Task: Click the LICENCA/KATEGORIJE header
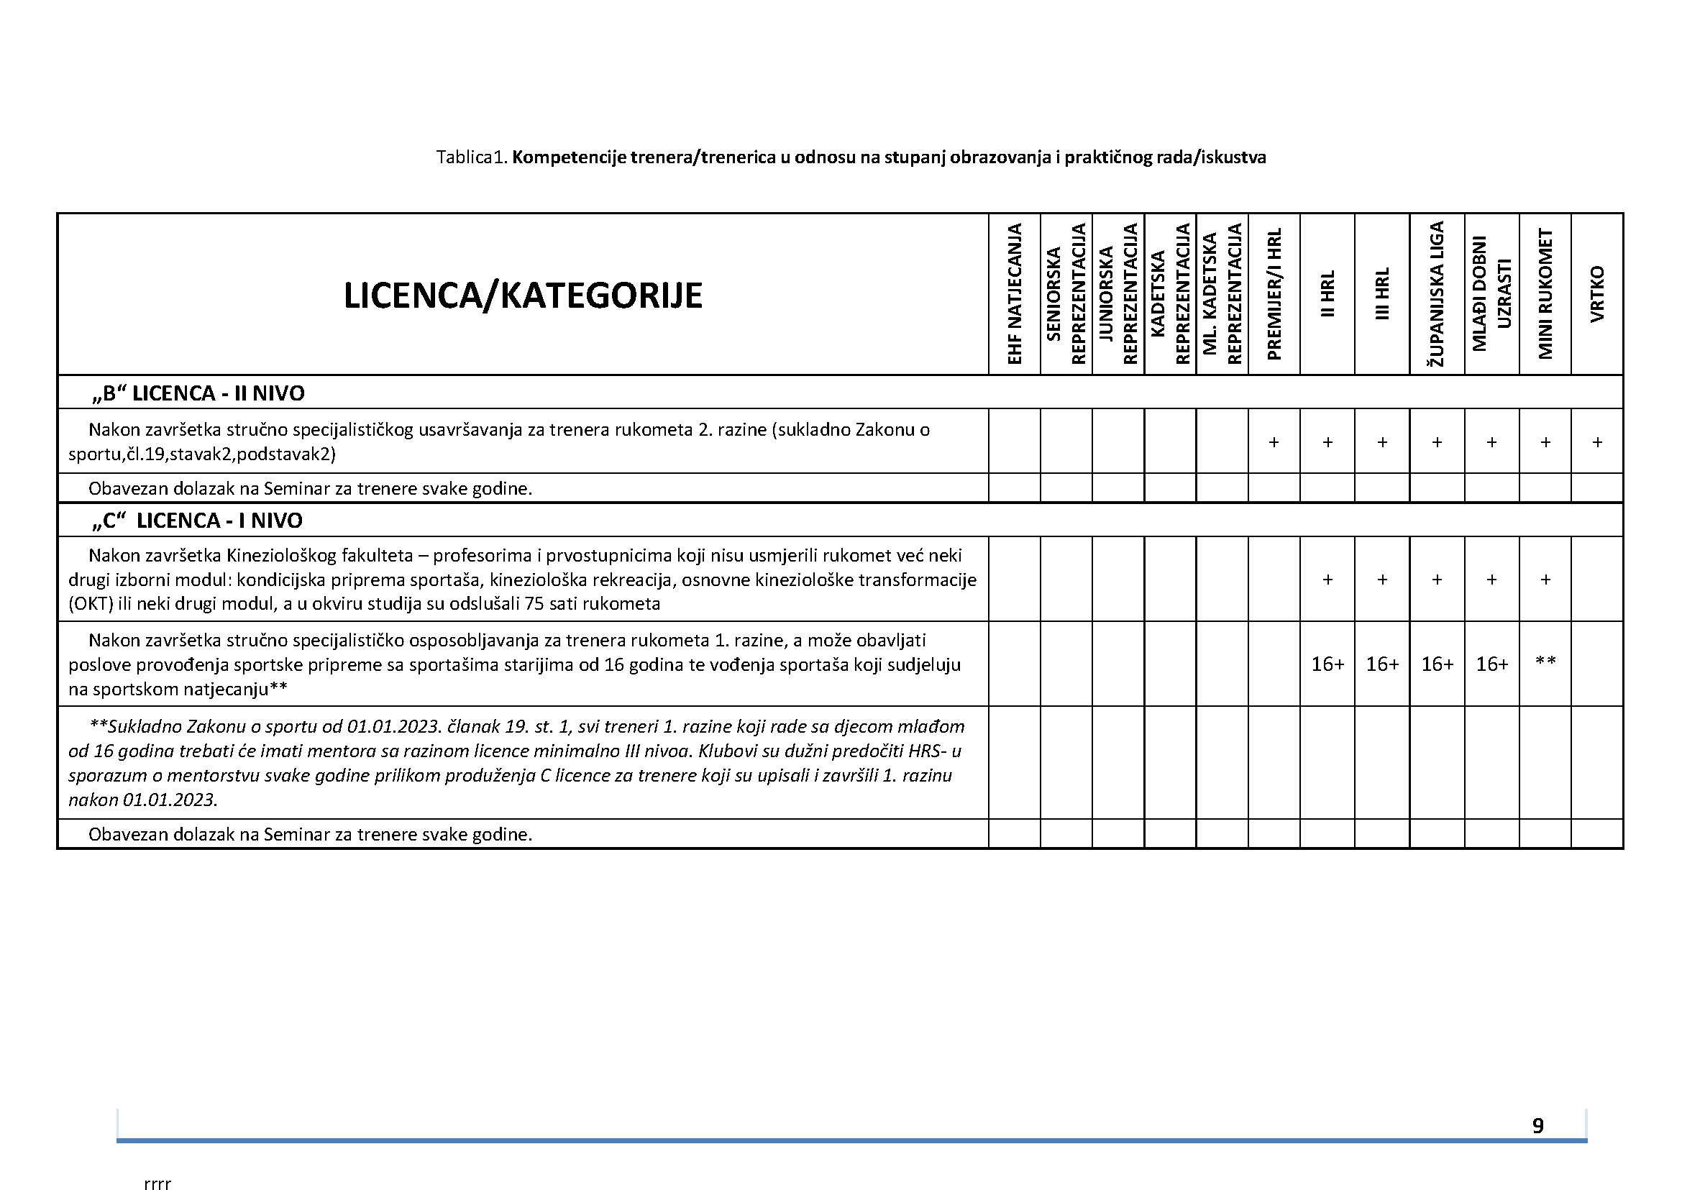[523, 296]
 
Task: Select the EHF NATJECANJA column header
[1015, 295]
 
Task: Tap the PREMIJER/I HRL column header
[1274, 295]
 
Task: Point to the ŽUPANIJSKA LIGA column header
[1438, 295]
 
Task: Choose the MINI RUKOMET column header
[1545, 295]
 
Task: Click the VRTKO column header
[1597, 295]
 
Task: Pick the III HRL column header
[1382, 295]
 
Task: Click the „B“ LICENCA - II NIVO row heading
[198, 393]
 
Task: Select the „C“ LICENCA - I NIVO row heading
[197, 521]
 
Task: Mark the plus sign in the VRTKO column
[1597, 442]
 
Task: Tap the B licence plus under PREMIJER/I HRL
[1274, 442]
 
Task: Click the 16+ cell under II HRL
[1327, 664]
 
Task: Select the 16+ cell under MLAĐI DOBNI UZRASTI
[1491, 664]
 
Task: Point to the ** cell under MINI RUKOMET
[1545, 662]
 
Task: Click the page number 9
[1537, 1125]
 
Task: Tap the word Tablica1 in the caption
[470, 157]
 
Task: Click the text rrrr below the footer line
[157, 1182]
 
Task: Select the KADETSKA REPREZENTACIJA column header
[1171, 295]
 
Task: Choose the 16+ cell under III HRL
[1382, 664]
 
